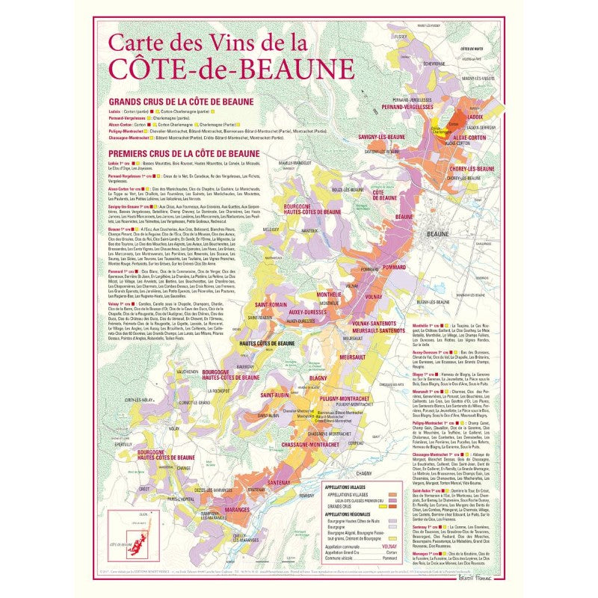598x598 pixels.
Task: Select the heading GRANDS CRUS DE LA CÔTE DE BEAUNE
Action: coord(181,102)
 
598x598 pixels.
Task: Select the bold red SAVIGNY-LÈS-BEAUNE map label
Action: coord(382,138)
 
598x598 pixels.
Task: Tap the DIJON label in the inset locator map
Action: coord(124,514)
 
